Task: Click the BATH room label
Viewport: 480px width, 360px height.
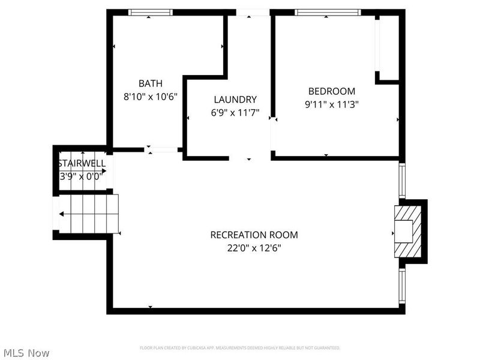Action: [x=150, y=83]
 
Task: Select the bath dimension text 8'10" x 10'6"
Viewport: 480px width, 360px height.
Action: [x=150, y=96]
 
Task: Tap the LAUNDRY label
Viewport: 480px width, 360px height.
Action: [x=235, y=100]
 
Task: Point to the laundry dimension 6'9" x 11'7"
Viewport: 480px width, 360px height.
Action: [x=235, y=112]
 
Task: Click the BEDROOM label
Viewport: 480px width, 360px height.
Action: [x=332, y=91]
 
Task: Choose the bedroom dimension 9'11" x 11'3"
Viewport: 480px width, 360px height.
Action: [x=332, y=104]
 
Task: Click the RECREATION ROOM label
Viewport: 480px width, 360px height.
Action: [x=254, y=235]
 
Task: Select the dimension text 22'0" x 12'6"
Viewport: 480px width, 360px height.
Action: [x=254, y=247]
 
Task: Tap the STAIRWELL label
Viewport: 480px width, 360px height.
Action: [x=82, y=163]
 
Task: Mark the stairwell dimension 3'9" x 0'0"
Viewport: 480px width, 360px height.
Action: [x=82, y=176]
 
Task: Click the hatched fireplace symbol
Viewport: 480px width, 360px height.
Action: [x=403, y=232]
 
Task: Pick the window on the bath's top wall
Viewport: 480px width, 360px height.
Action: [x=151, y=12]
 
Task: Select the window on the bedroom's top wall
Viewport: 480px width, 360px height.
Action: [x=328, y=12]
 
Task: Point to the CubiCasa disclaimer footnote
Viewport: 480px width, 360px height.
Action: [x=240, y=348]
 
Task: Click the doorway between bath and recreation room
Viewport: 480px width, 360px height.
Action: [x=163, y=149]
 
